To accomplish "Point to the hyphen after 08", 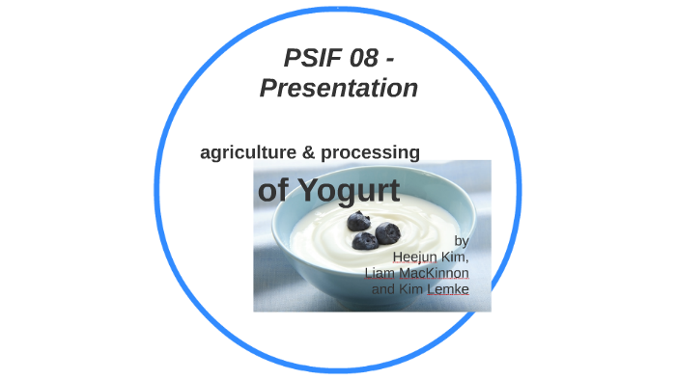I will pyautogui.click(x=388, y=59).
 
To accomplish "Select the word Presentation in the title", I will pyautogui.click(x=338, y=88).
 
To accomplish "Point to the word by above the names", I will pyautogui.click(x=462, y=240).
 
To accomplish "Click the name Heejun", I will pyautogui.click(x=416, y=257).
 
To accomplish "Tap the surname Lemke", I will pyautogui.click(x=449, y=289).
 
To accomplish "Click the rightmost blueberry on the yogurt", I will pyautogui.click(x=387, y=232).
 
